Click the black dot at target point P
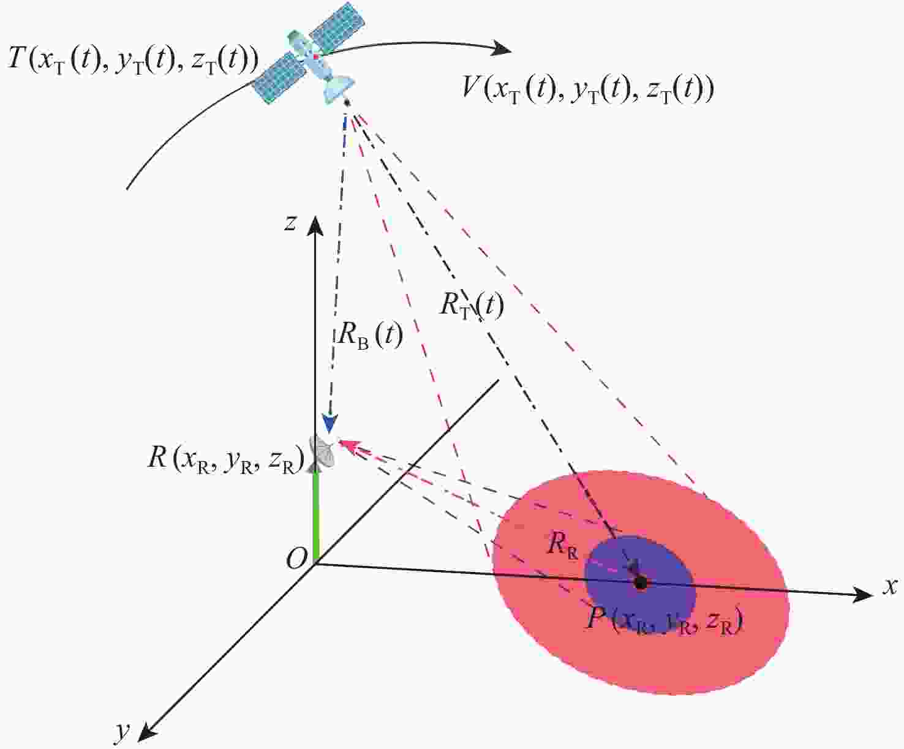point(641,583)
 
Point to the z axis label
point(290,224)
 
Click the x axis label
point(890,587)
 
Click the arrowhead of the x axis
point(862,595)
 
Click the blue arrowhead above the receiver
point(330,425)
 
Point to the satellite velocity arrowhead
point(502,47)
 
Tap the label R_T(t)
point(472,304)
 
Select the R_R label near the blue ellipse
point(563,544)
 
